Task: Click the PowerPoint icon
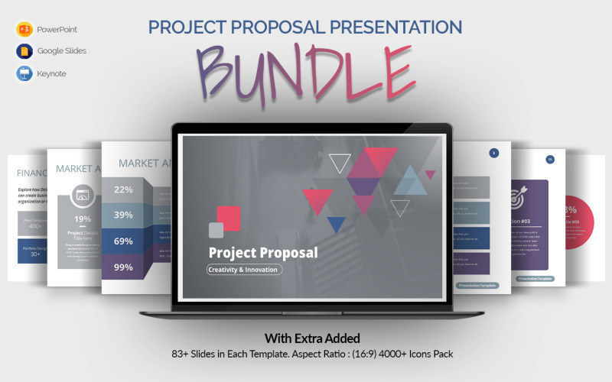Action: click(24, 29)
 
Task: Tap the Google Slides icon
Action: click(24, 51)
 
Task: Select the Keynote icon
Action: click(24, 73)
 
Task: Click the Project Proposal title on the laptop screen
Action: click(262, 252)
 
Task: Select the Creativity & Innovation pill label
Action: click(244, 269)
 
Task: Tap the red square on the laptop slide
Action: click(228, 217)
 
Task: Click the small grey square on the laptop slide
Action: click(216, 230)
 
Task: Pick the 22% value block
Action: click(123, 189)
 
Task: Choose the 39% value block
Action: click(123, 215)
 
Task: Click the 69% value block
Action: click(123, 241)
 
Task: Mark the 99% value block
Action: click(123, 267)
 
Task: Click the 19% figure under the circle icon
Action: click(82, 219)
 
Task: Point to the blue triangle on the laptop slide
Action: click(336, 223)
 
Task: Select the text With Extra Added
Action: click(312, 338)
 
